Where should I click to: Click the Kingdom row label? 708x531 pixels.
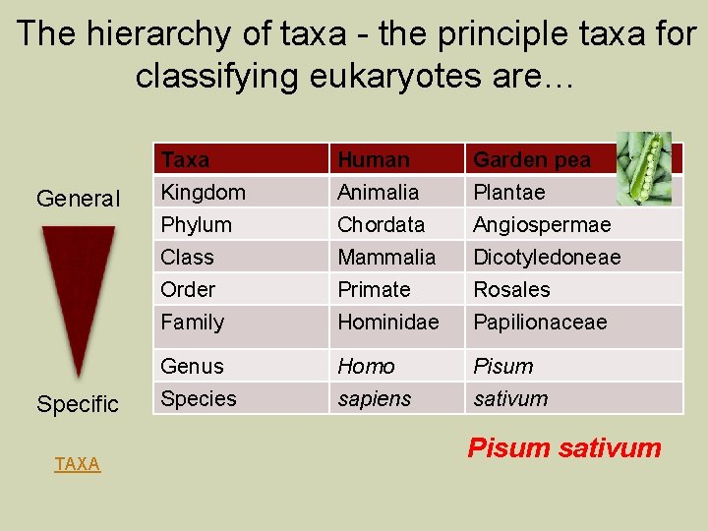click(x=204, y=192)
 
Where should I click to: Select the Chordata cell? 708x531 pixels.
click(x=381, y=224)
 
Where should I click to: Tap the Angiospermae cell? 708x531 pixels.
click(x=542, y=224)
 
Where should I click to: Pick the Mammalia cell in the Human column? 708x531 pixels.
click(x=386, y=257)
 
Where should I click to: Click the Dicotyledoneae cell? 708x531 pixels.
click(x=547, y=257)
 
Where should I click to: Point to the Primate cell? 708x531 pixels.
click(x=374, y=289)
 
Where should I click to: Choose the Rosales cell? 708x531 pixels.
click(x=511, y=289)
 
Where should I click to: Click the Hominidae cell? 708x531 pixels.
click(x=388, y=322)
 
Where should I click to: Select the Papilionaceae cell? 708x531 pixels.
click(x=540, y=322)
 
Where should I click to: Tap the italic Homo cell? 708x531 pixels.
click(x=366, y=366)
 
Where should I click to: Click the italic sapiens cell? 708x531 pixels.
click(x=374, y=398)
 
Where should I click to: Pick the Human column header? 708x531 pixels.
click(x=374, y=159)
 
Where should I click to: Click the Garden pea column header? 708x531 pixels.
click(x=532, y=159)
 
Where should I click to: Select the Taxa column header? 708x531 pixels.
click(x=186, y=159)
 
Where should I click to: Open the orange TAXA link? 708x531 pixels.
click(x=78, y=464)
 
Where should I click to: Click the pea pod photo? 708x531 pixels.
click(x=644, y=168)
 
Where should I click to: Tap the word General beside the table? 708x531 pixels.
click(x=78, y=199)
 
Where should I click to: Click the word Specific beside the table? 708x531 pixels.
click(x=78, y=404)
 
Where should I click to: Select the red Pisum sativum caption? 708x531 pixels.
click(x=564, y=448)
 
